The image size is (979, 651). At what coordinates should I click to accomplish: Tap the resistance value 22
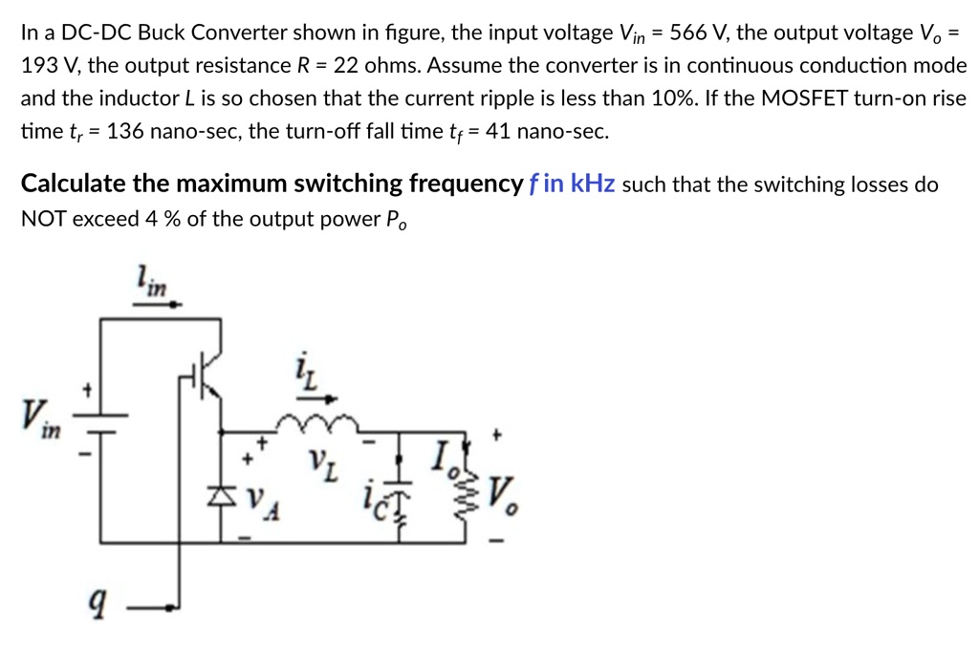[x=341, y=66]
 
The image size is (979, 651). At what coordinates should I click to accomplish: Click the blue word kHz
[x=593, y=184]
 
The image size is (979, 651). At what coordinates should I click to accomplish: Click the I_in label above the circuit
[x=151, y=280]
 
